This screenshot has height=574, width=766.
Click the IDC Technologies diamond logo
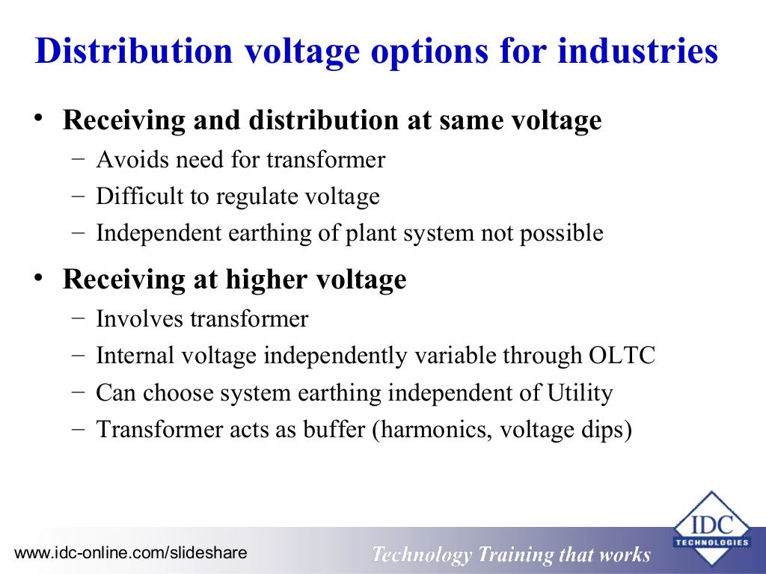pos(711,528)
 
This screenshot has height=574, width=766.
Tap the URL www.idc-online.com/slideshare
pos(130,553)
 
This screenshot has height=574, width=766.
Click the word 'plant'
pos(370,233)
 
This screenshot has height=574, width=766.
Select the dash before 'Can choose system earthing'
pos(79,392)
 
